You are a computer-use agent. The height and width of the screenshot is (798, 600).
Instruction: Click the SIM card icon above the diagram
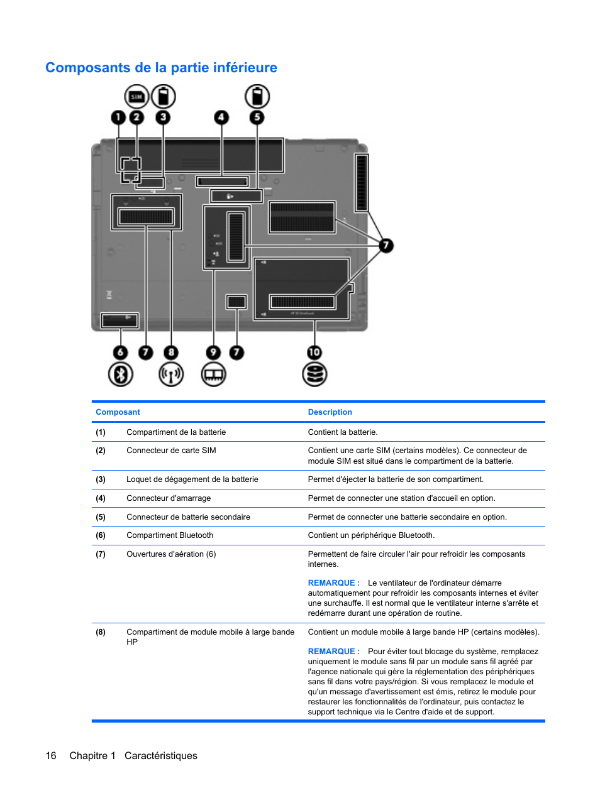coord(136,97)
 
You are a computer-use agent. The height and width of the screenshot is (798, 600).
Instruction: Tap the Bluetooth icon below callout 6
coord(120,374)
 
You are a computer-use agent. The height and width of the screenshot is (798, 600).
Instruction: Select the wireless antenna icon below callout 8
coord(171,374)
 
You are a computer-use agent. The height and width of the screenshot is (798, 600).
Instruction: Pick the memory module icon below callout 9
coord(214,374)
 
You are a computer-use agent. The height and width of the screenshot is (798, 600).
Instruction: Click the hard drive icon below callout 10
coord(314,374)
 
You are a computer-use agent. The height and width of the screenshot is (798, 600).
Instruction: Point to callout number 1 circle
coord(118,118)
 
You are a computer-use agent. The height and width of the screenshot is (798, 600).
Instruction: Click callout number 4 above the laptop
coord(221,118)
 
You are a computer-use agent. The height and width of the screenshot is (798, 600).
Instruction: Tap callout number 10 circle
coord(314,353)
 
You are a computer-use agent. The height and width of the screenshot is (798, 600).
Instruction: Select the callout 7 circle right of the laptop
coord(386,246)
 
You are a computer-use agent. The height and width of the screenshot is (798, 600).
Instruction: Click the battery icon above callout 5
coord(257,97)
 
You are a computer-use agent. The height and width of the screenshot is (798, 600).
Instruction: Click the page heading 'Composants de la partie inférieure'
coord(161,68)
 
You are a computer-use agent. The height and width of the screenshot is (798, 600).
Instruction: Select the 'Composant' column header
coord(118,412)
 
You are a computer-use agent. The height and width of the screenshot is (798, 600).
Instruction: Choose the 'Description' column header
coord(330,412)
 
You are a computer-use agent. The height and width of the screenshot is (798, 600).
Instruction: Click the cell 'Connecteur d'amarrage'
coord(169,498)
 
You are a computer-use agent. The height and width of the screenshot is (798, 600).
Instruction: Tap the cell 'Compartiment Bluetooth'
coord(170,535)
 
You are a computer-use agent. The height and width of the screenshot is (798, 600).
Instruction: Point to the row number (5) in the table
coord(101,517)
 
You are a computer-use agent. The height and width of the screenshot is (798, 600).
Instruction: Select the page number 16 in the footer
coord(51,755)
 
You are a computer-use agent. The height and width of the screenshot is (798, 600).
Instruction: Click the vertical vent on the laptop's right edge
coord(361,182)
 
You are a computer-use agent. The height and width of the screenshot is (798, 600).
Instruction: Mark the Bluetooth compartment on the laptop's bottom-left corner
coord(119,320)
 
